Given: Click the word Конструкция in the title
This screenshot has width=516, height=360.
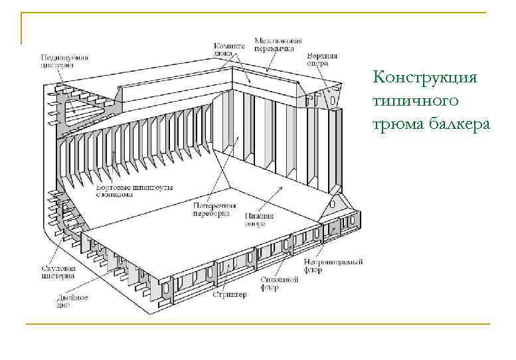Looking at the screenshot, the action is pyautogui.click(x=426, y=77).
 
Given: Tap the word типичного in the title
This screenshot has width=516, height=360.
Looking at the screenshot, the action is pyautogui.click(x=416, y=100).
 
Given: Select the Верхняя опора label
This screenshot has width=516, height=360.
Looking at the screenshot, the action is pyautogui.click(x=323, y=60).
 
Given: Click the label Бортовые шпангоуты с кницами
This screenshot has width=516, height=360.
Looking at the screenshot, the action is pyautogui.click(x=135, y=192).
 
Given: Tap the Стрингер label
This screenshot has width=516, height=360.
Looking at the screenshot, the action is pyautogui.click(x=230, y=294).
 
